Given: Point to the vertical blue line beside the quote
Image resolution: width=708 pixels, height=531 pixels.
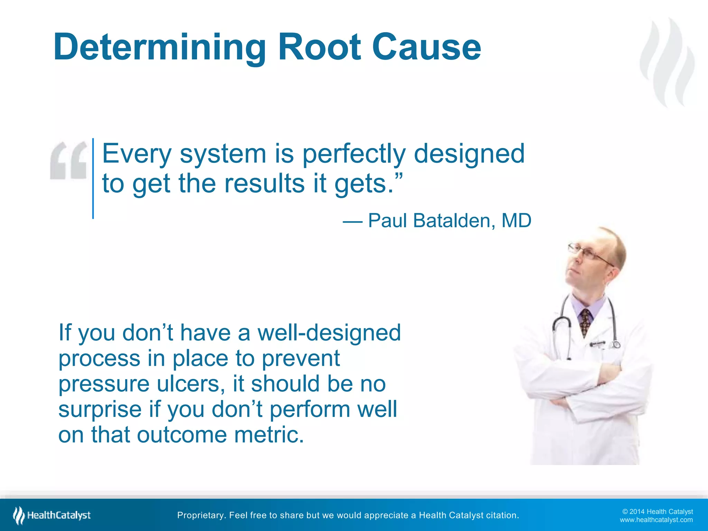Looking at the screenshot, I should [93, 178].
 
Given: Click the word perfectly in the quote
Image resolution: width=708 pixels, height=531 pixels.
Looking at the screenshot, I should [354, 154].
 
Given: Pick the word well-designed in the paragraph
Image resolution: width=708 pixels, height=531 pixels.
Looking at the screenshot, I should [329, 333].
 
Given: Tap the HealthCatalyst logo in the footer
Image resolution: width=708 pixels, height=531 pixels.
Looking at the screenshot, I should [52, 515].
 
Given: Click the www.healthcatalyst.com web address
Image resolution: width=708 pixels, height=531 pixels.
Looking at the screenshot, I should [656, 520].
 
